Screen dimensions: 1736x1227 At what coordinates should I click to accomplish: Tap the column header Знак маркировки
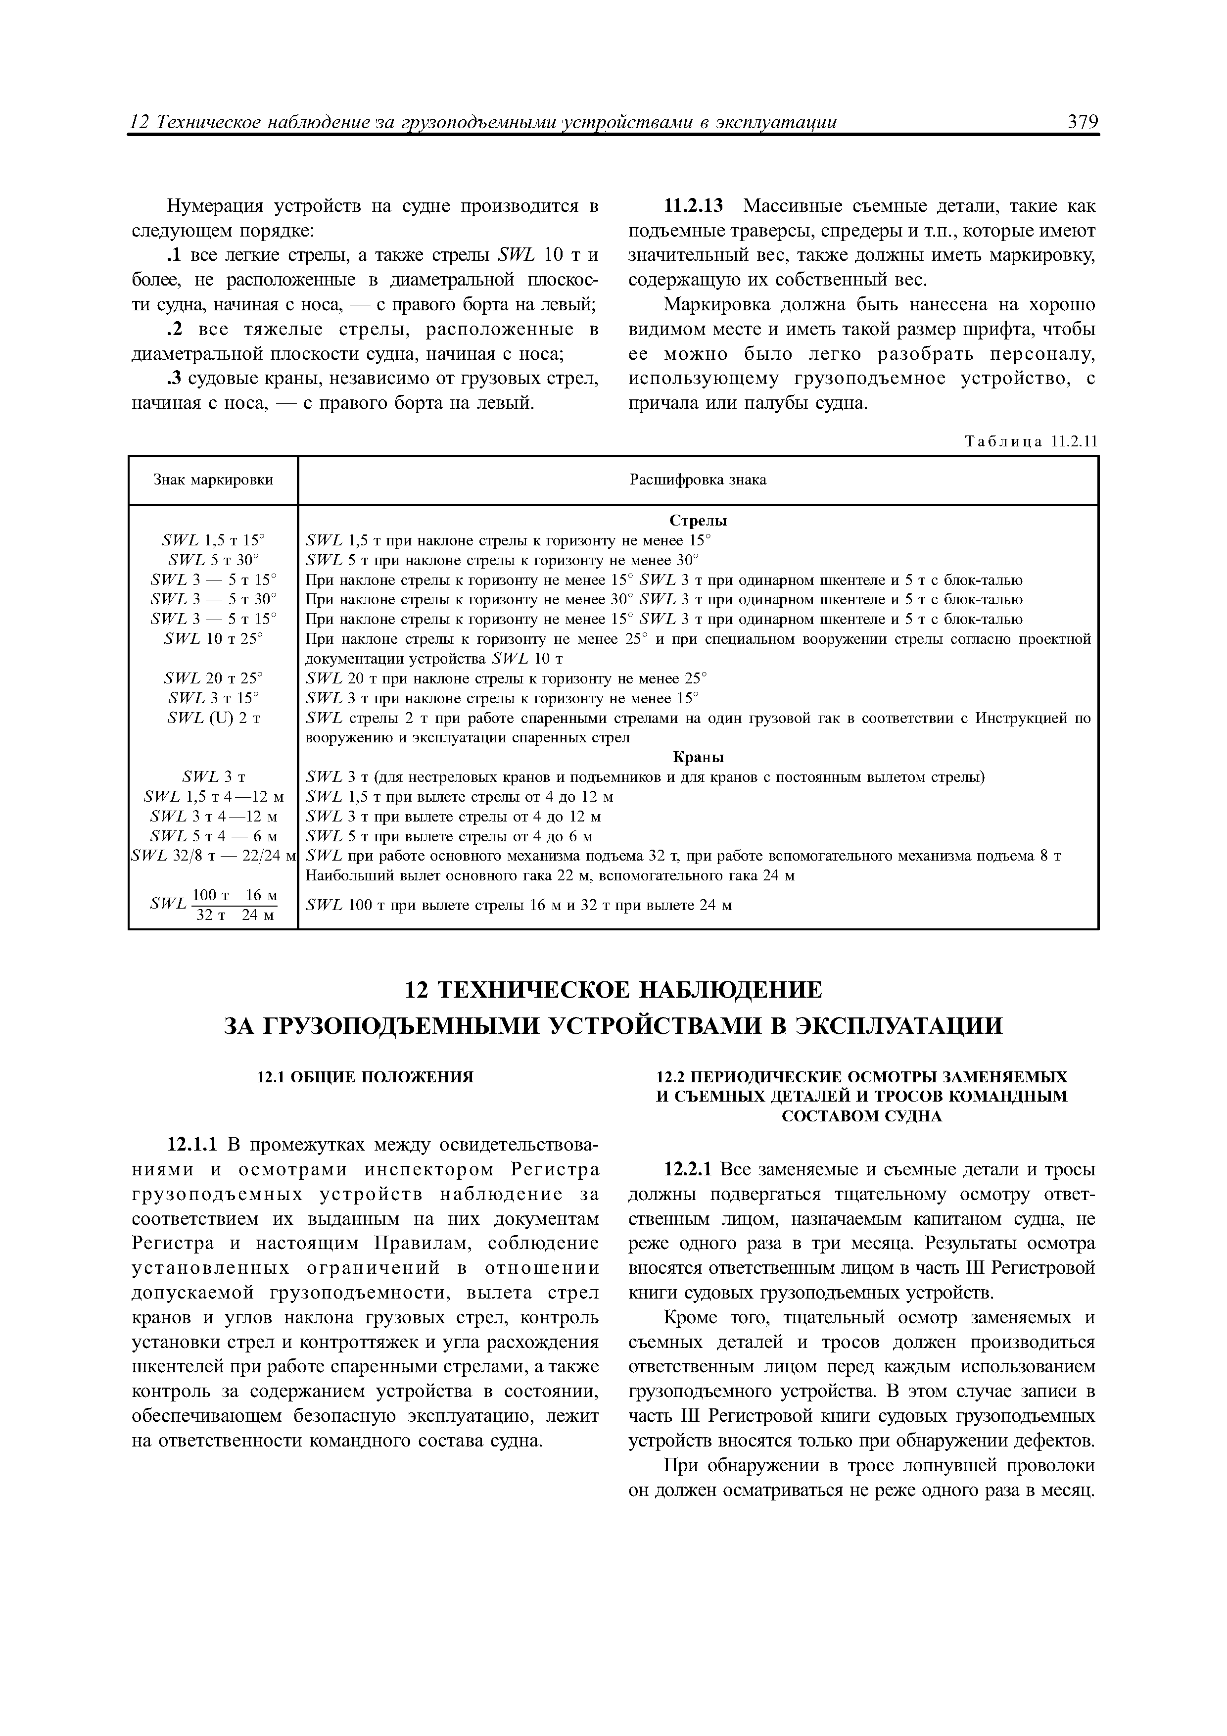click(x=213, y=480)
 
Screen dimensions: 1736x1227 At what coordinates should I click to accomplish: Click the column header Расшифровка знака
click(x=697, y=480)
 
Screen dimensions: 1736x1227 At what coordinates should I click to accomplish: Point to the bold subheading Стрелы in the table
click(x=697, y=521)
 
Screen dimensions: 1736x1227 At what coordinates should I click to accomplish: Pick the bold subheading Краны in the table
click(x=697, y=757)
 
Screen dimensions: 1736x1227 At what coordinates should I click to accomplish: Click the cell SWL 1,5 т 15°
click(x=213, y=540)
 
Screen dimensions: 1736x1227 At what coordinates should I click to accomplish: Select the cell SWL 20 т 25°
click(x=213, y=678)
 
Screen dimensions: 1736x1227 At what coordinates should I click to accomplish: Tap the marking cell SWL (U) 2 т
click(x=213, y=718)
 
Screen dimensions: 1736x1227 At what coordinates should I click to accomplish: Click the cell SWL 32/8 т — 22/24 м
click(x=213, y=856)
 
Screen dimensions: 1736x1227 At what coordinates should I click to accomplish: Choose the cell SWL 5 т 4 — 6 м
click(x=213, y=836)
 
